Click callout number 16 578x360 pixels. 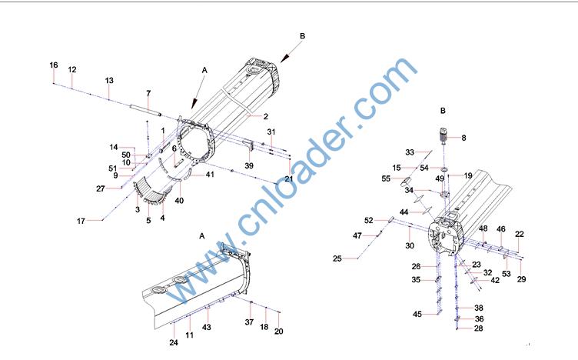tap(54, 65)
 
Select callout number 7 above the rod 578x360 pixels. tap(148, 93)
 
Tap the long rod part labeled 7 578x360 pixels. tap(145, 110)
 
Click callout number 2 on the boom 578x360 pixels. tap(266, 117)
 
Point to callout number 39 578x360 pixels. tap(249, 166)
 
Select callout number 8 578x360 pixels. tap(463, 138)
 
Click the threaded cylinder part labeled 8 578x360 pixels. tap(443, 135)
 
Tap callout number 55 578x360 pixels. tap(386, 179)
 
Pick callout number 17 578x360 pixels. tap(81, 222)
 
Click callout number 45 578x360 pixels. tap(417, 315)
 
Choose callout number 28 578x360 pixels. tap(479, 328)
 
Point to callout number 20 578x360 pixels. tap(279, 332)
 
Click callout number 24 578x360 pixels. tap(174, 342)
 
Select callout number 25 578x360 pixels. tap(337, 258)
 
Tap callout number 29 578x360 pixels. tap(521, 279)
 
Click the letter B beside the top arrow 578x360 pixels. tap(303, 36)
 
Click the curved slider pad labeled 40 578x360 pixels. tap(175, 178)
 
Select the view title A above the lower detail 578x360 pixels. tap(201, 236)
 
